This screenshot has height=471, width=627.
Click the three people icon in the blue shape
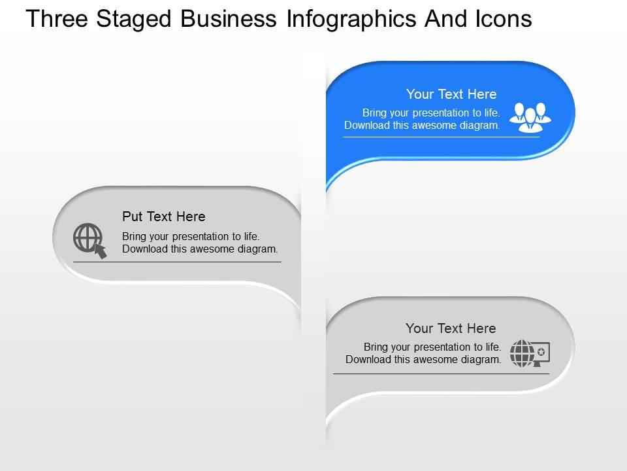[x=530, y=116]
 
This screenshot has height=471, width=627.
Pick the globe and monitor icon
[x=530, y=353]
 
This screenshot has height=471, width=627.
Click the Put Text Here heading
[x=164, y=217]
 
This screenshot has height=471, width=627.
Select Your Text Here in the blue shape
[x=451, y=94]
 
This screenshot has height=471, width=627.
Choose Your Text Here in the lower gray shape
[x=451, y=328]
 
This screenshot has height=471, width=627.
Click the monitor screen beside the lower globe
[x=541, y=352]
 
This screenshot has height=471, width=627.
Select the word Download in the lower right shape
[x=367, y=359]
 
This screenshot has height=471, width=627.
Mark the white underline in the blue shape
[x=442, y=137]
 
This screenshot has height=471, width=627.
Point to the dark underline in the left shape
[x=177, y=262]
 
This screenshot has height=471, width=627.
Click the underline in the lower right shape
[x=441, y=374]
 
